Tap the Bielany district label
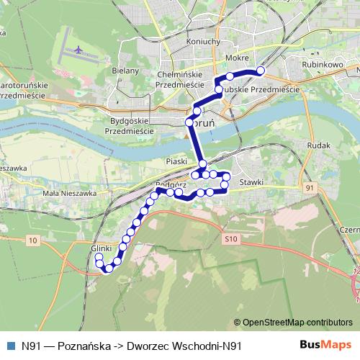(126, 73)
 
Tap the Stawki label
(251, 182)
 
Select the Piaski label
(176, 161)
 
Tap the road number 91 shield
(310, 188)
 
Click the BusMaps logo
(325, 346)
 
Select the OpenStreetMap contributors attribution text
(297, 323)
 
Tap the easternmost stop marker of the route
(261, 71)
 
